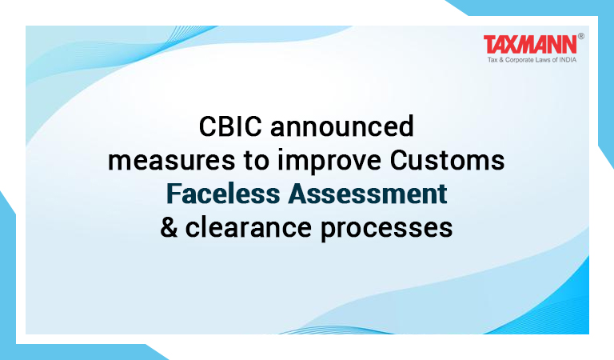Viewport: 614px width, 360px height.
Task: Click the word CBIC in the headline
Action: coord(230,126)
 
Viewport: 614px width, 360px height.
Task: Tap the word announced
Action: coord(342,126)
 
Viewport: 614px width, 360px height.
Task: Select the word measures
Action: coord(172,161)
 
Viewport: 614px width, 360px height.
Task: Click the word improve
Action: coord(329,162)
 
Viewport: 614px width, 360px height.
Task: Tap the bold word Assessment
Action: coord(368,194)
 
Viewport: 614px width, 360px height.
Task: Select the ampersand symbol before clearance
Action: coord(169,227)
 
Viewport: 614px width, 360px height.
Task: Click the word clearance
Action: coord(249,227)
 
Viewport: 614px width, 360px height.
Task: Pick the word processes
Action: coord(386,229)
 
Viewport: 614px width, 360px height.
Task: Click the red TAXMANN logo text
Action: coord(530,44)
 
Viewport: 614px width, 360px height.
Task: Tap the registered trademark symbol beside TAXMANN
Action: coord(580,37)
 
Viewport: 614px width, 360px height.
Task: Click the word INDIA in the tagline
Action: coord(568,60)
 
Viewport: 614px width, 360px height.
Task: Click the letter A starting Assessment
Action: coord(297,194)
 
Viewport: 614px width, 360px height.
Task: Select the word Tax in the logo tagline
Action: coord(492,60)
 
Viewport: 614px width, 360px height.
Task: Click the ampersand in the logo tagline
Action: coord(501,60)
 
